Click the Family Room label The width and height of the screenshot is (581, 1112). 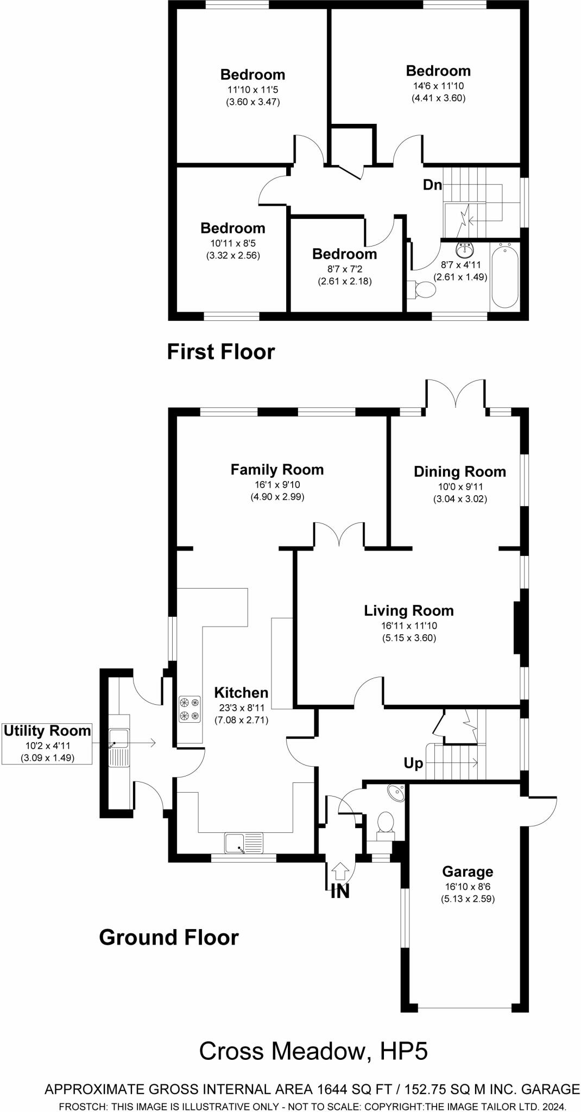pyautogui.click(x=277, y=470)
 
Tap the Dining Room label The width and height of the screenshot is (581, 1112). pyautogui.click(x=459, y=472)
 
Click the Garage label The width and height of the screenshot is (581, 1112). pyautogui.click(x=468, y=871)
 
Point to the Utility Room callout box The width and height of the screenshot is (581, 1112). pyautogui.click(x=47, y=743)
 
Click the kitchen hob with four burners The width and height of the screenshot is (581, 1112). pyautogui.click(x=189, y=709)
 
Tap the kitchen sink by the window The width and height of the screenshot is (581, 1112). pyautogui.click(x=243, y=843)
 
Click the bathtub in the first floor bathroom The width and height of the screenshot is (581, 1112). pyautogui.click(x=505, y=276)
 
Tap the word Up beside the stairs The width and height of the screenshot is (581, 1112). pyautogui.click(x=413, y=763)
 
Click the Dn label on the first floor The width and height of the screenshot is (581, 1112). pyautogui.click(x=432, y=185)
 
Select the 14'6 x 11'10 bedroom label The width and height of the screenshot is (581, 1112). pyautogui.click(x=438, y=71)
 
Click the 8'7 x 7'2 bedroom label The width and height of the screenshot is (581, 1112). pyautogui.click(x=344, y=254)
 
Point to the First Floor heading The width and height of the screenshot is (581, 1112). pyautogui.click(x=220, y=352)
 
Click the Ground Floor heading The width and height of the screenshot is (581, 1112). pyautogui.click(x=168, y=937)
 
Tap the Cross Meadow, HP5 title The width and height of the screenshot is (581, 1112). pyautogui.click(x=313, y=1051)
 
